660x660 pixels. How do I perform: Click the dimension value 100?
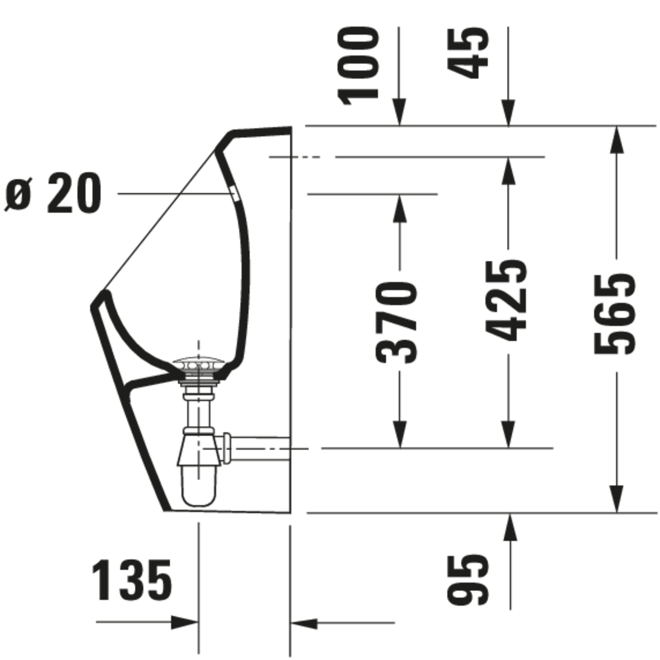pos(358,67)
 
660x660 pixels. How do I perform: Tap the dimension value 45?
pos(468,54)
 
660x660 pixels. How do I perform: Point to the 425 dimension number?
pos(506,300)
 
